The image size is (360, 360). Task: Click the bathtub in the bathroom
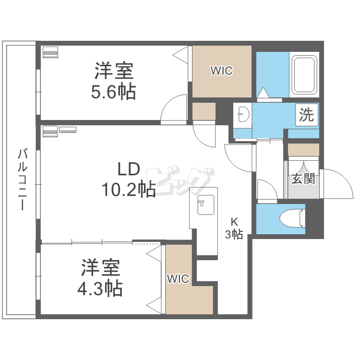coord(304,74)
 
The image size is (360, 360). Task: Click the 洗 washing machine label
coord(306,115)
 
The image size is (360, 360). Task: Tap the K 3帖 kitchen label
coord(235,228)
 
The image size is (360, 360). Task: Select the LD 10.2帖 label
coord(128,180)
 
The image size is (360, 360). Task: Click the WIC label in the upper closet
coord(221,71)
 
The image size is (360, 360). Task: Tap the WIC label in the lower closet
coord(178,278)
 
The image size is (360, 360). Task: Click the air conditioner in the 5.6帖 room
coord(50,51)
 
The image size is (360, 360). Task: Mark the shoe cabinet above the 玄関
coord(303,149)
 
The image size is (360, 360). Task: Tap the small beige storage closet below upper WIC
coord(204,111)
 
